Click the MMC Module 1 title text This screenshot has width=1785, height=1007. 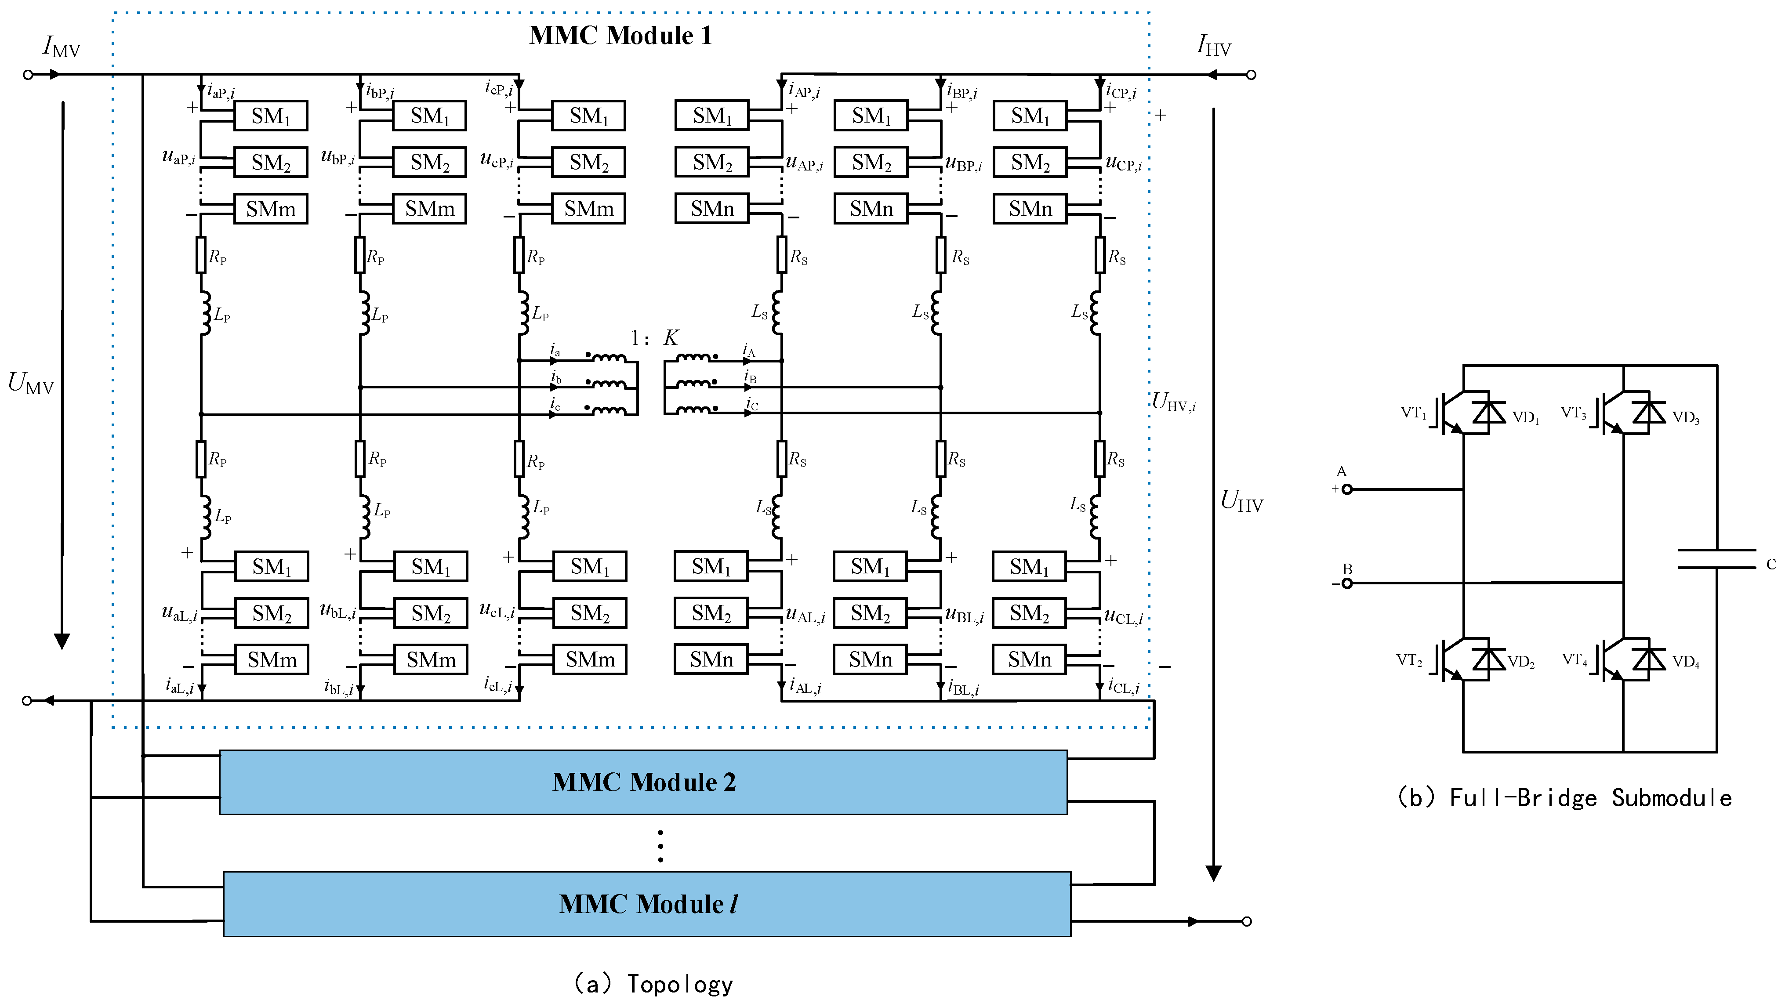click(x=620, y=35)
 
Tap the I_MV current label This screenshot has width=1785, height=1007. click(x=62, y=47)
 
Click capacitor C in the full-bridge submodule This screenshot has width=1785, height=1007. click(x=1716, y=559)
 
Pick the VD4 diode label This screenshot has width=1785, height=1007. click(x=1685, y=662)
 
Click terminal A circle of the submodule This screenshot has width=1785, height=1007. click(x=1347, y=489)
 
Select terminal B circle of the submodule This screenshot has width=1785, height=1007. click(x=1347, y=583)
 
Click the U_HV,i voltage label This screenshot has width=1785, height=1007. click(x=1173, y=402)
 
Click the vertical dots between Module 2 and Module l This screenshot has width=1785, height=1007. click(x=660, y=846)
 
